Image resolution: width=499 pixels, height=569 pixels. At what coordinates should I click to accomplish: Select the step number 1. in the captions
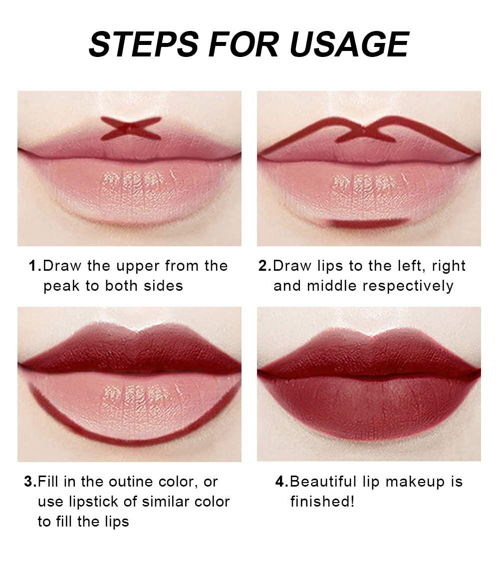click(x=35, y=266)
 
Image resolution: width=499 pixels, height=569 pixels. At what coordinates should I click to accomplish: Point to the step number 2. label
click(x=265, y=266)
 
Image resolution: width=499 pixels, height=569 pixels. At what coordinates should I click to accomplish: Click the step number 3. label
click(x=30, y=482)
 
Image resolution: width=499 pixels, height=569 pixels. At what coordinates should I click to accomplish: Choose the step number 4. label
click(x=282, y=482)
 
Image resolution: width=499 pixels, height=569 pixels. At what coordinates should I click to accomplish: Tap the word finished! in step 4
click(x=322, y=502)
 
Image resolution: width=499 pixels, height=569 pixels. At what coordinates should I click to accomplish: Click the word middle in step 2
click(x=332, y=286)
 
